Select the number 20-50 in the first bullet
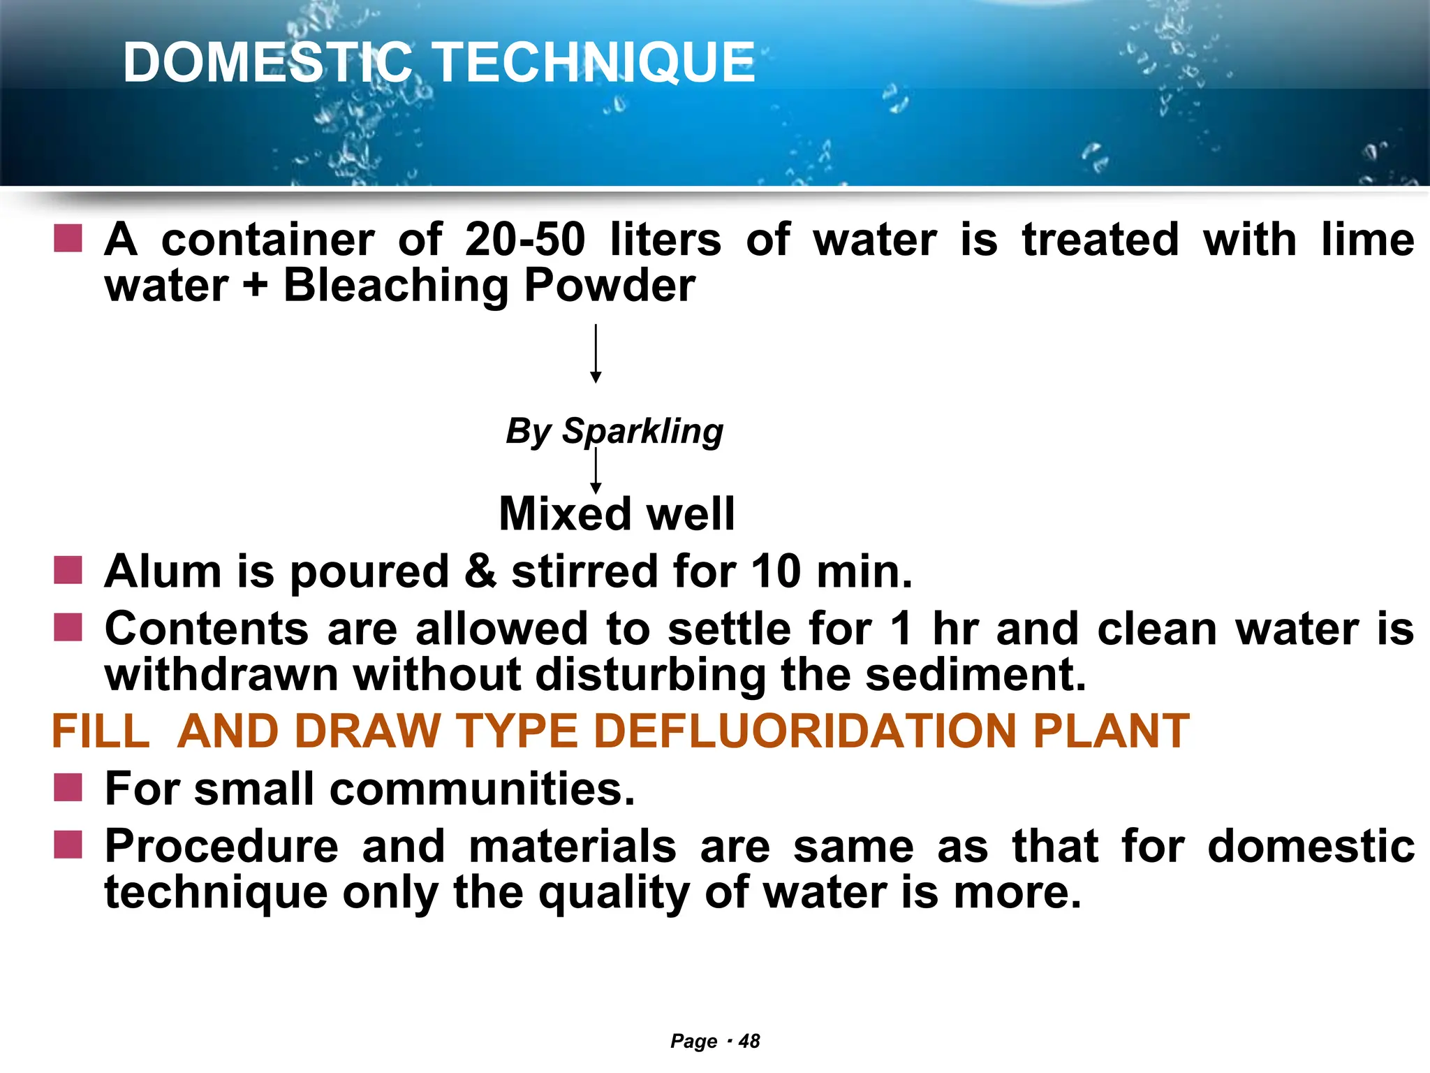(525, 240)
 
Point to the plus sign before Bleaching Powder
(256, 286)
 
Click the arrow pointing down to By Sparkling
(596, 353)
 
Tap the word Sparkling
(642, 431)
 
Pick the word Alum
(163, 571)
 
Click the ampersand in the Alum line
(480, 571)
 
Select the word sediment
(975, 675)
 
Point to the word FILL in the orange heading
(101, 731)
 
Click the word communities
(482, 789)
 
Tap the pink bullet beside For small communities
(68, 787)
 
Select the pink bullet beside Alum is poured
(68, 570)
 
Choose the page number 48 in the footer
(749, 1042)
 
